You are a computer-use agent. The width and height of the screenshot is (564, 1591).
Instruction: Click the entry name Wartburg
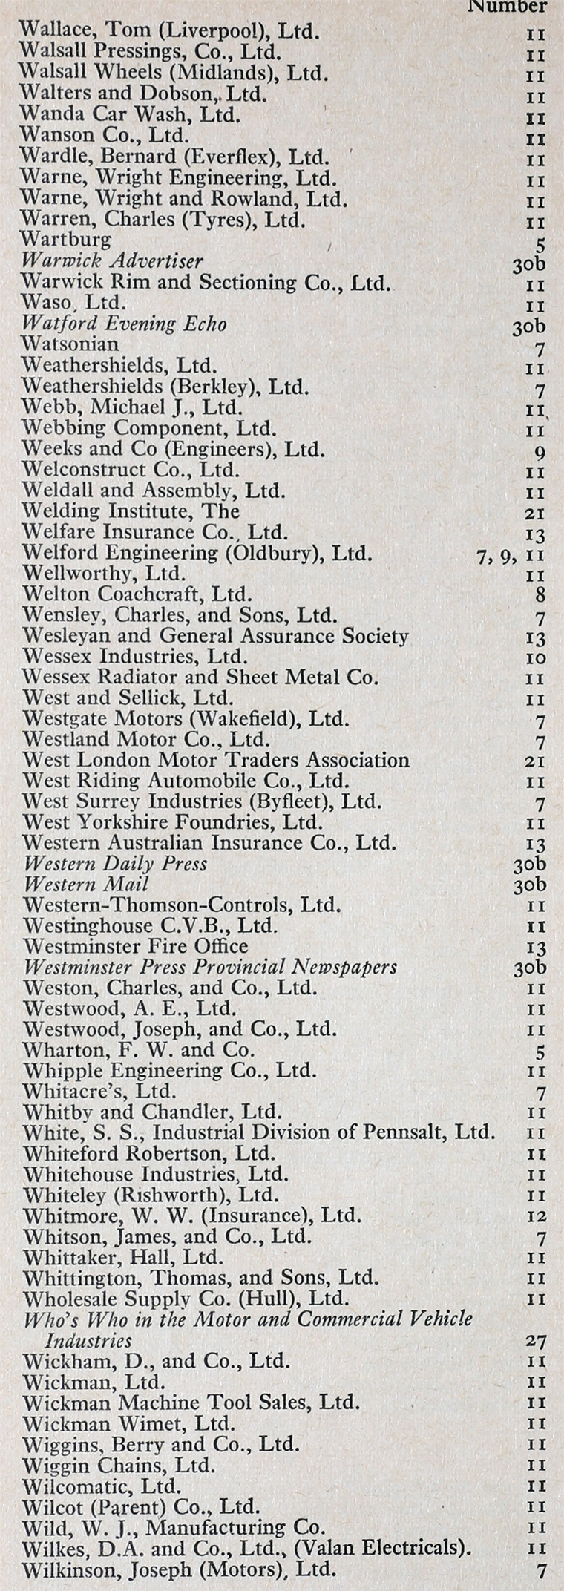[x=66, y=240]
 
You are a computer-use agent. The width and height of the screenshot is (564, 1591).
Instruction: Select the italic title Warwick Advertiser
[x=111, y=260]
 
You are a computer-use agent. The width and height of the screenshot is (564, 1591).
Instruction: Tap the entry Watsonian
[x=70, y=344]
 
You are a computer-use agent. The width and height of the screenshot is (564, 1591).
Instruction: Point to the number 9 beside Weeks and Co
[x=540, y=451]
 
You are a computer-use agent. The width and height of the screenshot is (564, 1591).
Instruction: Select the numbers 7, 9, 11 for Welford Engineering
[x=511, y=554]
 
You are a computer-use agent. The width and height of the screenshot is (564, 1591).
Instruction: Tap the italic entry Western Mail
[x=86, y=884]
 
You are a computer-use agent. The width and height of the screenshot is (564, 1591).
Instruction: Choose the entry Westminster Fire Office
[x=136, y=946]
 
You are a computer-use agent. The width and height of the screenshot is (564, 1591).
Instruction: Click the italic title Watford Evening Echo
[x=124, y=324]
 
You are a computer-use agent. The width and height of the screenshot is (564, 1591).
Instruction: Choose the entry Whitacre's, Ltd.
[x=99, y=1091]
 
